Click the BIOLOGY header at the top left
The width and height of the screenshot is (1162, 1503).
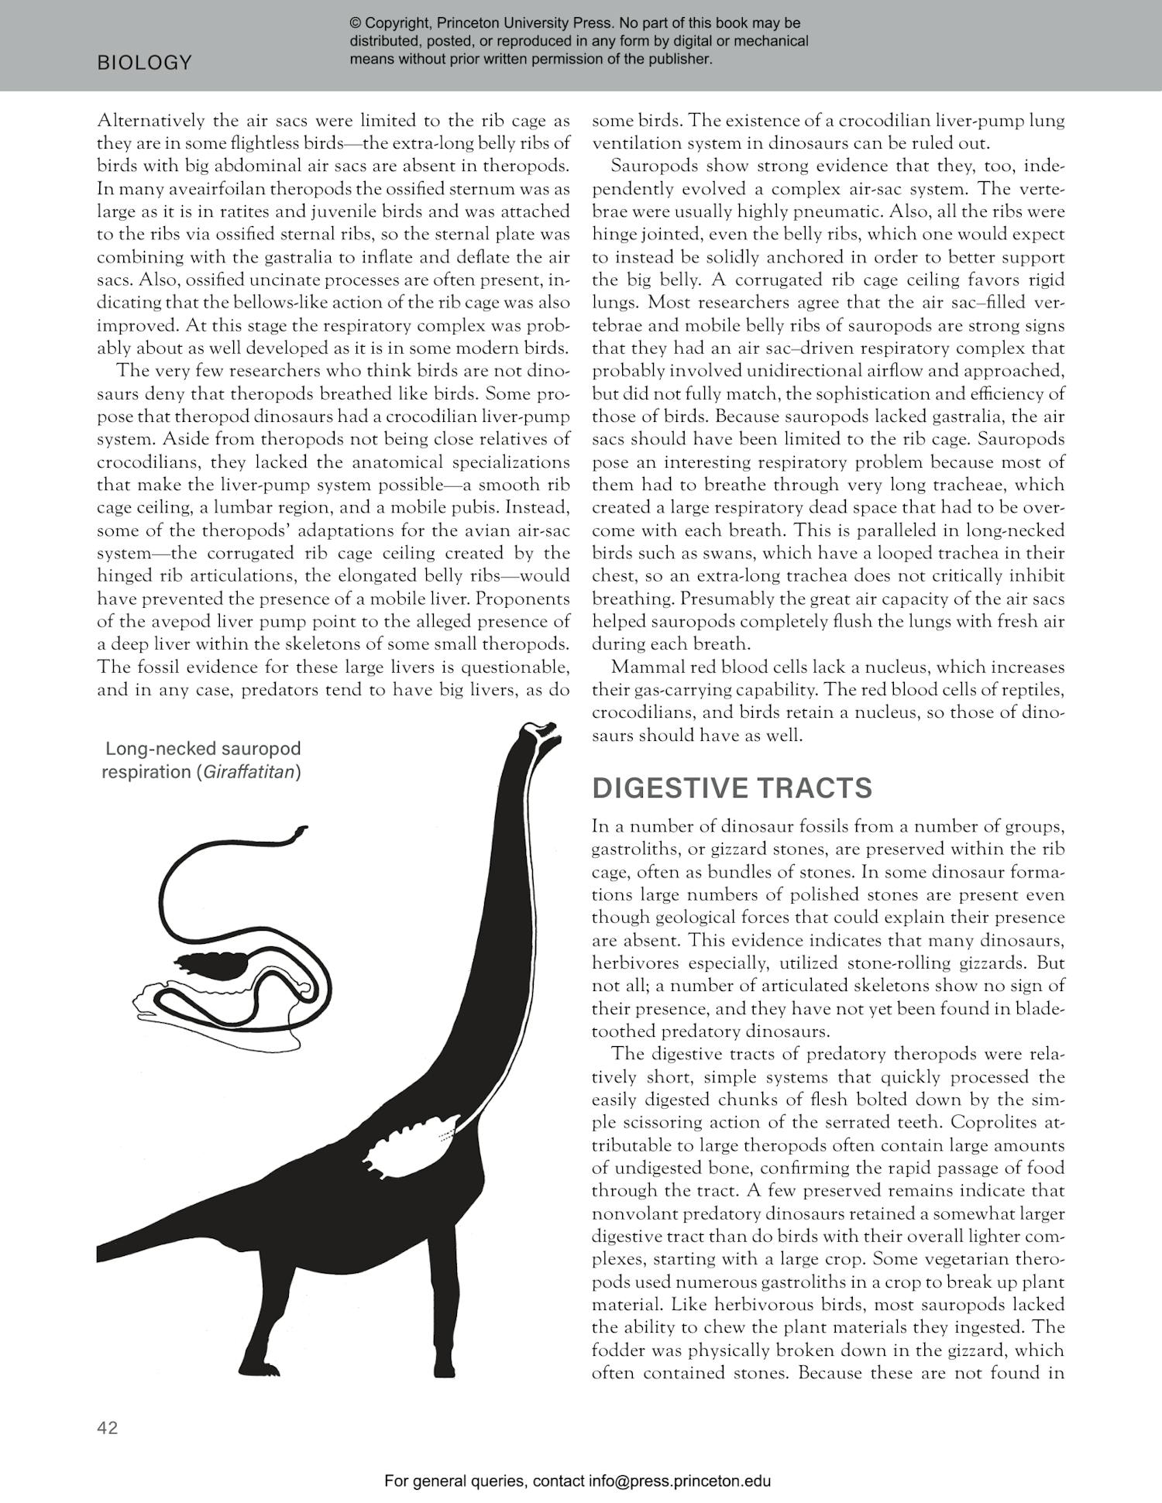point(144,63)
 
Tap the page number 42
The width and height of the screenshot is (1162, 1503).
point(108,1427)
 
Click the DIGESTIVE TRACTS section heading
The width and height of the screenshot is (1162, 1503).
point(731,788)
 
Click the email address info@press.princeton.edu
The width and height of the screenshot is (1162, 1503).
point(679,1481)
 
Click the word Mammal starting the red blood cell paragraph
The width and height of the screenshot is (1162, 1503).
point(641,667)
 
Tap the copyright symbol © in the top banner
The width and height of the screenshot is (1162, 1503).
point(356,23)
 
